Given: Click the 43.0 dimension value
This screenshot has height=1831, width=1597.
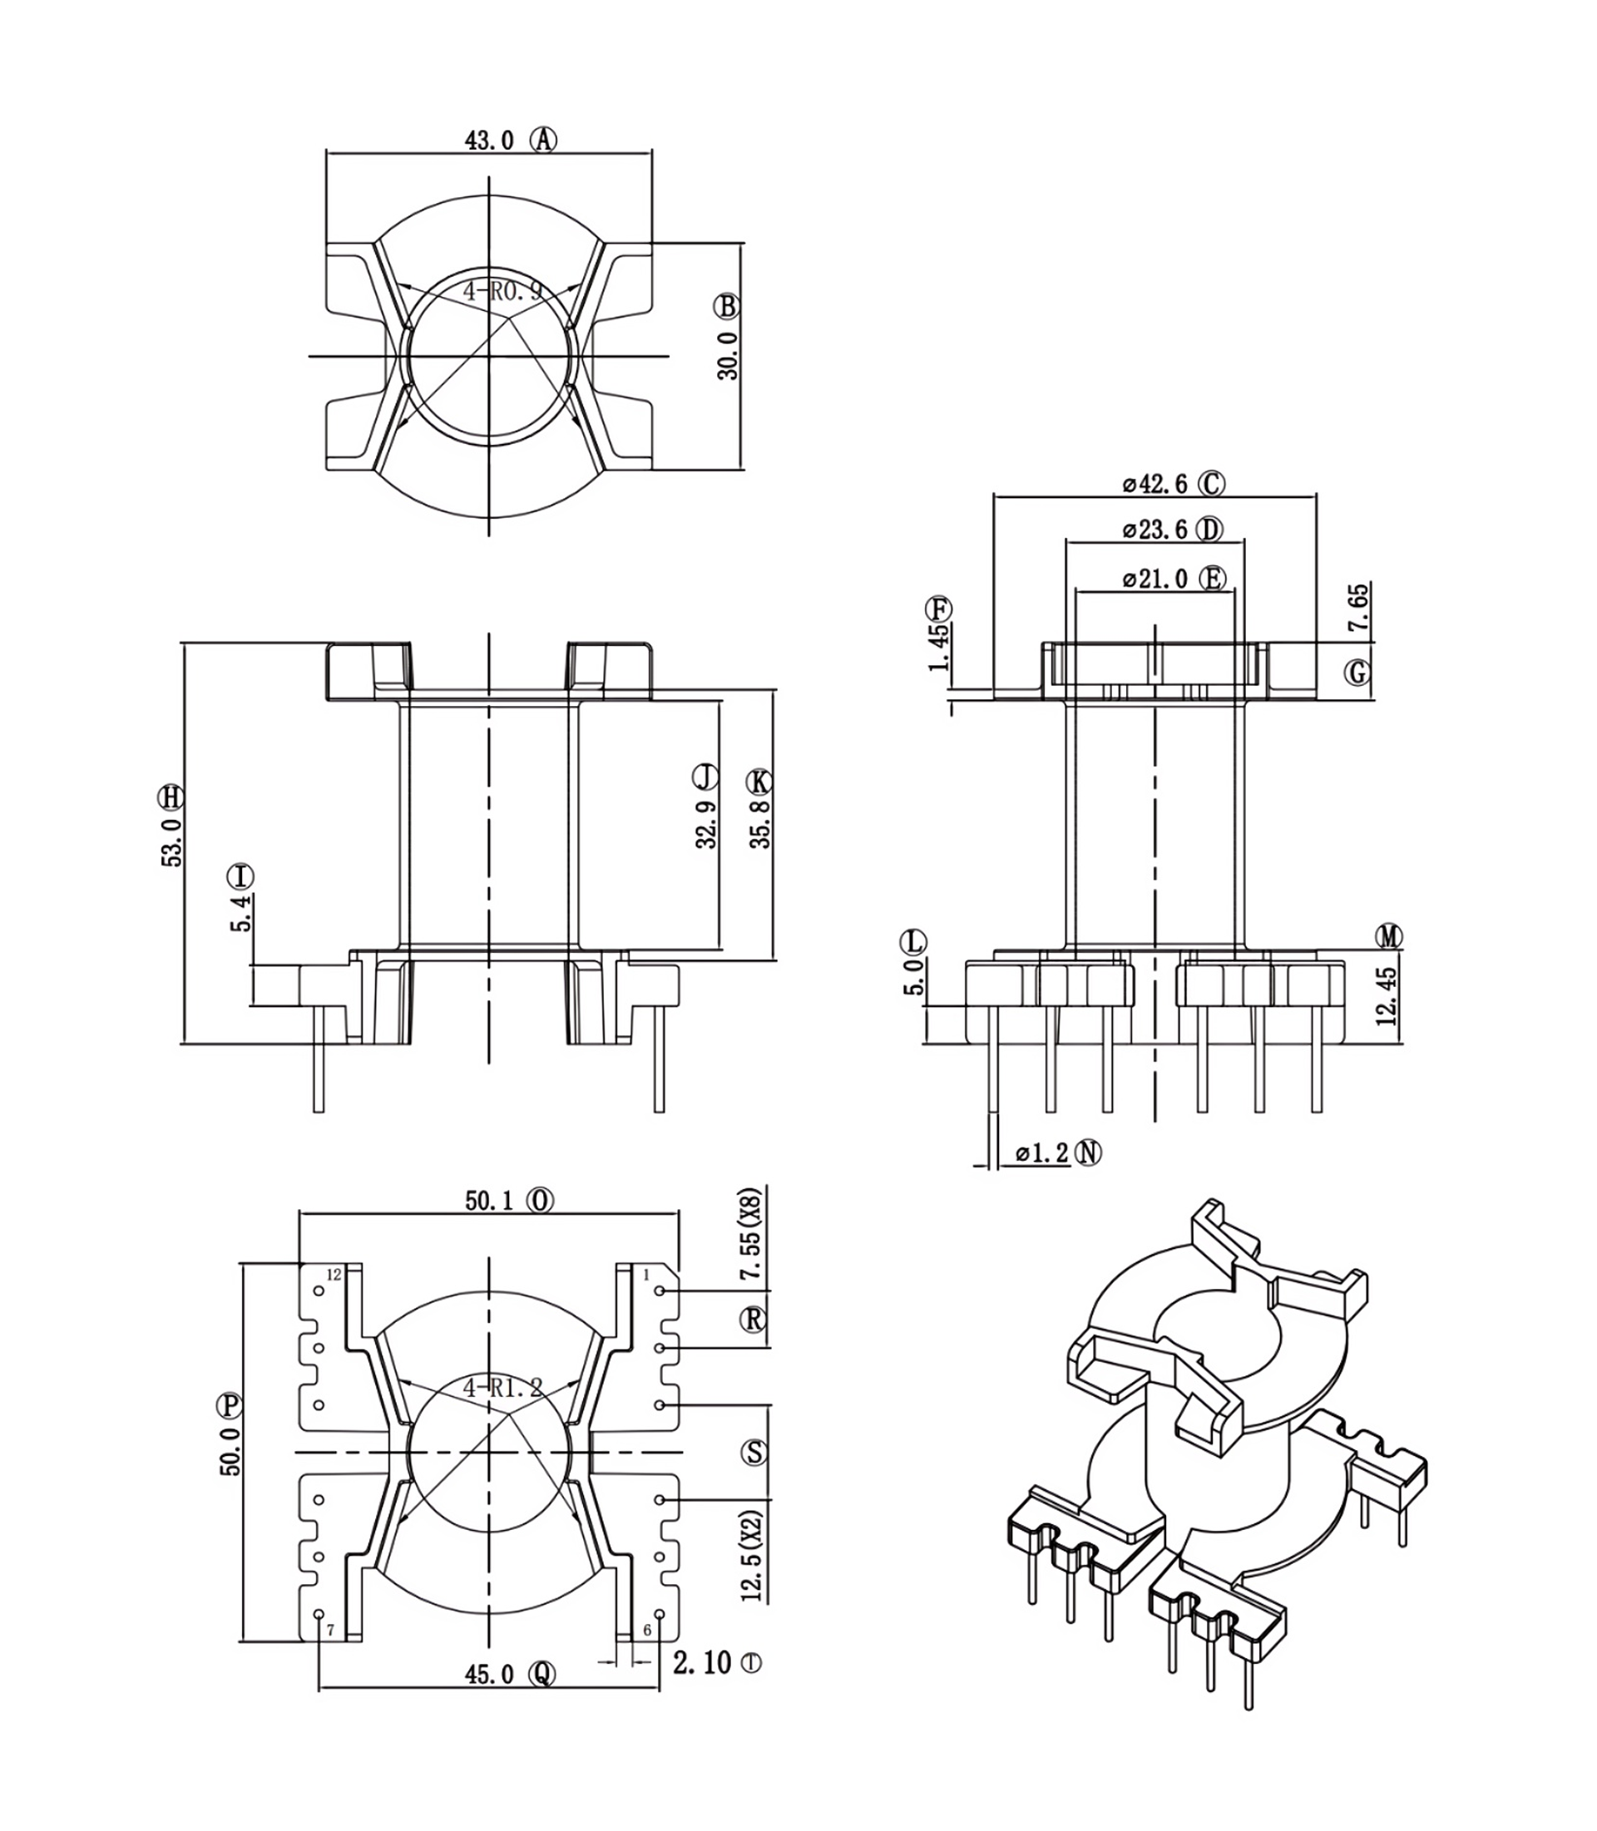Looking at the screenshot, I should click(488, 140).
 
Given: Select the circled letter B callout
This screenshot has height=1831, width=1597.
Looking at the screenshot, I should click(726, 307).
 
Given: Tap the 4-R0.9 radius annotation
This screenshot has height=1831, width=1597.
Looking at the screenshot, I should click(502, 290).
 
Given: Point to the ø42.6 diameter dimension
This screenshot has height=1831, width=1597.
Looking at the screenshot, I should click(1154, 484).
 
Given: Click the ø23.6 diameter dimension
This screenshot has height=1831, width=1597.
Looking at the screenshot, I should click(1154, 531).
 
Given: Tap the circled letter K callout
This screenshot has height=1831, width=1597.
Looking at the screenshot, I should click(759, 782).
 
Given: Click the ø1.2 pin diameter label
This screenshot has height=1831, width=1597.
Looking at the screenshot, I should click(1041, 1153).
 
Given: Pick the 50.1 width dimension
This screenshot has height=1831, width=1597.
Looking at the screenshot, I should click(489, 1201).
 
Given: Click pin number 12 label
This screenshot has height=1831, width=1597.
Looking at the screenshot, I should click(334, 1275).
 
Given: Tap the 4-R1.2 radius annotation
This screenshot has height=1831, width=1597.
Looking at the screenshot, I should click(502, 1387).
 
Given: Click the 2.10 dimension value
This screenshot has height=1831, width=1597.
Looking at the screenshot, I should click(701, 1662).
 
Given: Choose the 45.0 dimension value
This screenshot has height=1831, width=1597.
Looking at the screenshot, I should click(489, 1675).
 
